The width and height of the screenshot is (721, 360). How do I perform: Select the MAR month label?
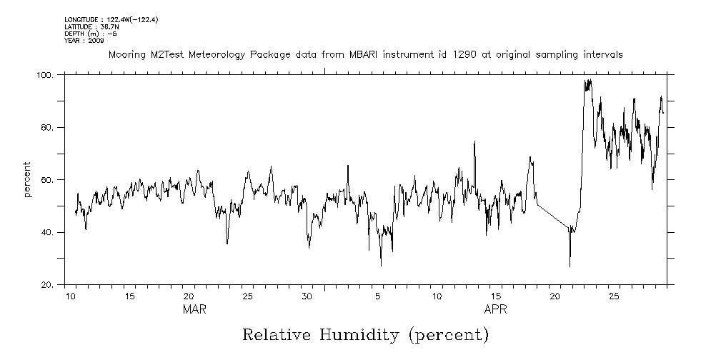pos(194,309)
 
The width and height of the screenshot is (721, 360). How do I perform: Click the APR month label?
pos(495,309)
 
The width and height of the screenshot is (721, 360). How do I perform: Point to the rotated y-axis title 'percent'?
pos(28,180)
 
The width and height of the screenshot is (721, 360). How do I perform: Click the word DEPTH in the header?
pos(75,34)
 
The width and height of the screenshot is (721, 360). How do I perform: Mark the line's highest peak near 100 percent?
pos(589,80)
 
